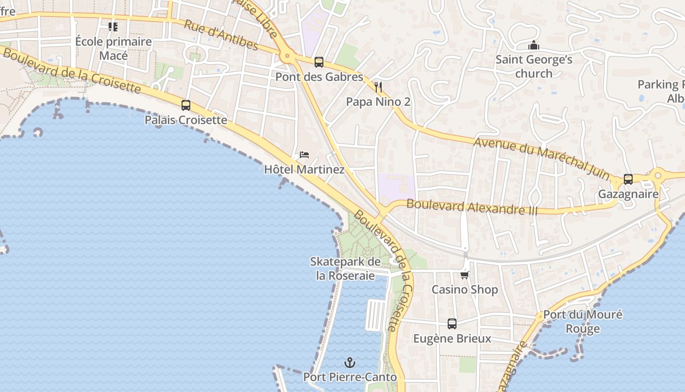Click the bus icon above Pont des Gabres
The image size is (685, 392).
[319, 62]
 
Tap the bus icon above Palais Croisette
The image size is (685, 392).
[185, 105]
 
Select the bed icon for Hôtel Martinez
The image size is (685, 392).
[304, 155]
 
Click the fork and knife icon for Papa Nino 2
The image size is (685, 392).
[378, 87]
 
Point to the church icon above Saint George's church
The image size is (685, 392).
[533, 46]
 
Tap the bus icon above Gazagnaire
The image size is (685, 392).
[628, 179]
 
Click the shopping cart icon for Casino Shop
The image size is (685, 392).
[464, 275]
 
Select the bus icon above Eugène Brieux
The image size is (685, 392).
[452, 324]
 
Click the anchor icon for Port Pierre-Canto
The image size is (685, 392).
[350, 363]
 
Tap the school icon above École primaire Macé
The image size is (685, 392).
[113, 26]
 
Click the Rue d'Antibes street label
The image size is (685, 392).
[221, 35]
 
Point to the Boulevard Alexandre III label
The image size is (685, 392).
[472, 207]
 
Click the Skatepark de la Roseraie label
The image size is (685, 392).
[345, 269]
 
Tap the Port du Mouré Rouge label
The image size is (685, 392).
[583, 321]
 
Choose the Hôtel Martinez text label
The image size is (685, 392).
[304, 170]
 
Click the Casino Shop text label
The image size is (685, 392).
[464, 290]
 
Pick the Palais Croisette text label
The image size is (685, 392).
[186, 120]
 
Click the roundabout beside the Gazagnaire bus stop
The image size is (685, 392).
[658, 174]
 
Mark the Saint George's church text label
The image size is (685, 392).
[534, 67]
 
